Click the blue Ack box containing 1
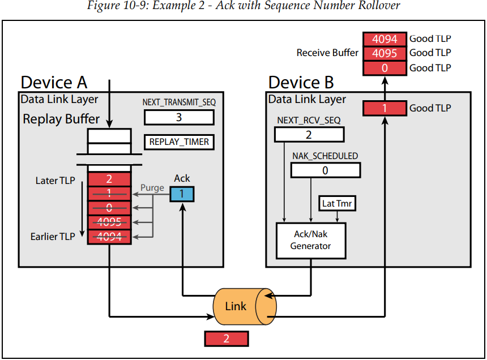pyautogui.click(x=182, y=194)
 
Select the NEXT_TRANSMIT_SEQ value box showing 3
pyautogui.click(x=179, y=117)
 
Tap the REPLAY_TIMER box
pyautogui.click(x=179, y=142)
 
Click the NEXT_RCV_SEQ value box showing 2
pyautogui.click(x=309, y=134)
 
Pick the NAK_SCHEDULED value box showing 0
pyautogui.click(x=326, y=170)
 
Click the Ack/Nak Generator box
pyautogui.click(x=310, y=240)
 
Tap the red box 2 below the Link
pyautogui.click(x=226, y=338)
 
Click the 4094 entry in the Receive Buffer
pyautogui.click(x=385, y=39)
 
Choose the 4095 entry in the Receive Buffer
pyautogui.click(x=385, y=53)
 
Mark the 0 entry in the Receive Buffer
pyautogui.click(x=385, y=67)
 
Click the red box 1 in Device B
pyautogui.click(x=384, y=108)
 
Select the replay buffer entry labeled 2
pyautogui.click(x=109, y=179)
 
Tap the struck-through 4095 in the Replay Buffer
pyautogui.click(x=109, y=222)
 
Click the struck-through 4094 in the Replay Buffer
pyautogui.click(x=109, y=237)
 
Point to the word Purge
pyautogui.click(x=153, y=187)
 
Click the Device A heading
pyautogui.click(x=54, y=83)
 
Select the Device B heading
pyautogui.click(x=301, y=83)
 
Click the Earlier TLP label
pyautogui.click(x=52, y=237)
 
